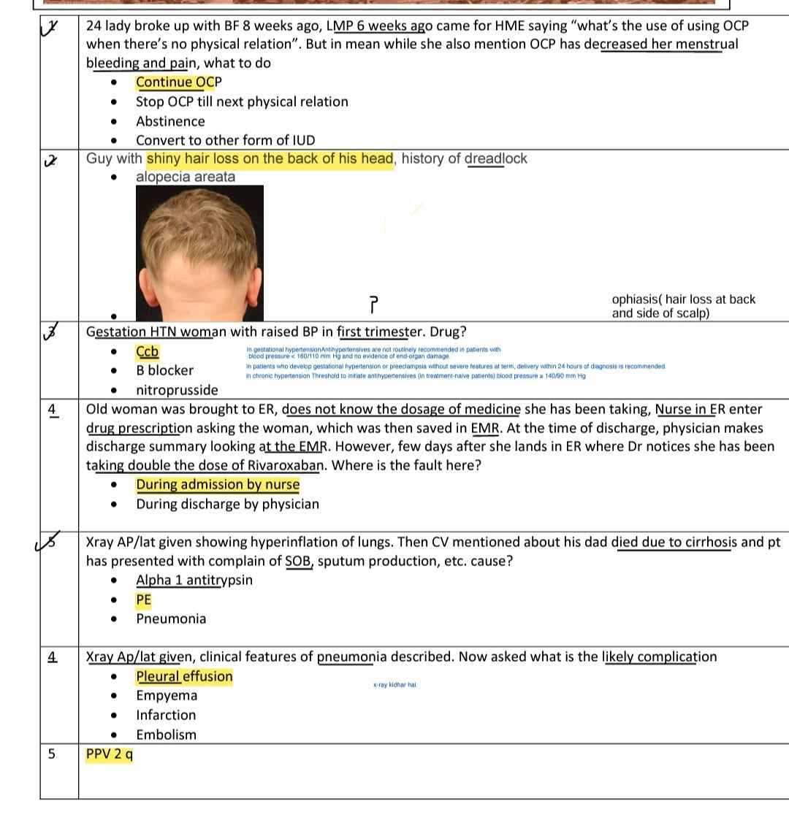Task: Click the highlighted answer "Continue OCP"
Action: point(178,82)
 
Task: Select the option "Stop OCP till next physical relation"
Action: point(242,102)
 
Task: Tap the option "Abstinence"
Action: point(170,121)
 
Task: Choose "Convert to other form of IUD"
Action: point(225,140)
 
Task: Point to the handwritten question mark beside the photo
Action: point(374,302)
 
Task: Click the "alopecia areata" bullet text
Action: point(186,177)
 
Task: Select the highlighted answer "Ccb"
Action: point(147,352)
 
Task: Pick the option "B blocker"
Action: point(164,370)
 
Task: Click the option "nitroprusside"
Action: point(177,390)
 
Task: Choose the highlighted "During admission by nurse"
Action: point(218,485)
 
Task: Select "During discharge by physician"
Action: point(227,504)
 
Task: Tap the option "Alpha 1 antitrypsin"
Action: point(194,581)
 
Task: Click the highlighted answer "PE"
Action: point(143,600)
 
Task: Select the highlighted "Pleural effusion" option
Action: point(184,676)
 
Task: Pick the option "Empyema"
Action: point(166,695)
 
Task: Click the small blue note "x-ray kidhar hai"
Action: point(394,685)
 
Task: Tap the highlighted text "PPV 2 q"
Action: point(110,754)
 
